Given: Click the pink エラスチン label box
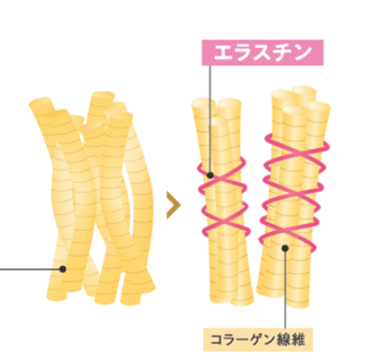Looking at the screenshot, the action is [x=262, y=52].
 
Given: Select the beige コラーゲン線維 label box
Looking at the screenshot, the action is [x=258, y=340].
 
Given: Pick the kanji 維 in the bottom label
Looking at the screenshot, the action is [x=298, y=340].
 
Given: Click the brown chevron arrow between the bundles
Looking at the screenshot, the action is [x=174, y=205].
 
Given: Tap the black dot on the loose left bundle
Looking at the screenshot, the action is [x=63, y=269].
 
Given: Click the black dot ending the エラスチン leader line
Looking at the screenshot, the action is [x=210, y=175].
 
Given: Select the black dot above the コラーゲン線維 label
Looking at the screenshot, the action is [x=285, y=248].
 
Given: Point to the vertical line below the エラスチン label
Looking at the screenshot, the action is [x=209, y=119].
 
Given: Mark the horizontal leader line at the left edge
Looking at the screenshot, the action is [x=29, y=269].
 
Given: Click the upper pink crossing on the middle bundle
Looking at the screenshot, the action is [x=221, y=179].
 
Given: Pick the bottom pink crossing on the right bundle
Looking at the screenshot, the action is [x=288, y=231].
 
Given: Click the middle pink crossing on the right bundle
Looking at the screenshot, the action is [x=292, y=194].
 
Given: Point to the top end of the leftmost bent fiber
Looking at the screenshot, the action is [x=40, y=103].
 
